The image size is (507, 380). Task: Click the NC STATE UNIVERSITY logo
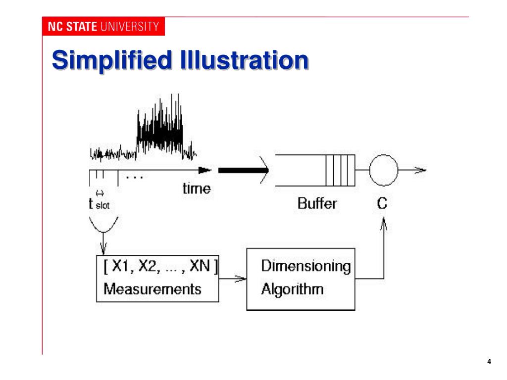click(x=103, y=27)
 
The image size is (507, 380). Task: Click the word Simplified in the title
click(x=99, y=61)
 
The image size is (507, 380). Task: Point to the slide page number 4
click(x=489, y=362)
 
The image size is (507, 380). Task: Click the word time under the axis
click(x=196, y=189)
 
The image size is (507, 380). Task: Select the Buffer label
click(x=317, y=203)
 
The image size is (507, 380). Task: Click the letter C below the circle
click(x=382, y=203)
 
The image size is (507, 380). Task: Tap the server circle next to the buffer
click(x=382, y=170)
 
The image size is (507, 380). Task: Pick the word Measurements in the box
click(x=152, y=288)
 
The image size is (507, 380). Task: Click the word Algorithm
click(x=292, y=288)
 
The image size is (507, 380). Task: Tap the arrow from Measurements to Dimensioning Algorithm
click(x=233, y=279)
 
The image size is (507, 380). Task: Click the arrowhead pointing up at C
click(x=382, y=226)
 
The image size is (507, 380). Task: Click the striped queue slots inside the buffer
click(x=340, y=170)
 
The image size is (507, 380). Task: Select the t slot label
click(x=99, y=203)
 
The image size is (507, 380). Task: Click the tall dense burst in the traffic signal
click(x=159, y=126)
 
